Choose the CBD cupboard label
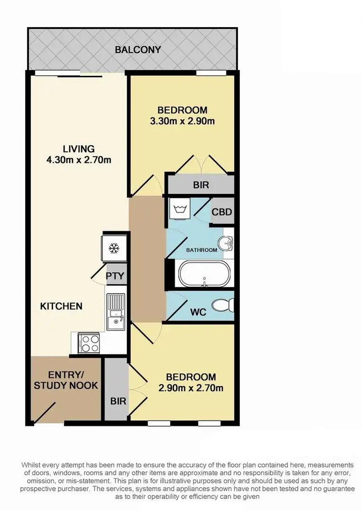pos(222,212)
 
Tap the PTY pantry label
pos(115,276)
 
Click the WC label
pos(198,312)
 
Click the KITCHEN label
pos(61,306)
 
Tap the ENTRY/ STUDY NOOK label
pos(66,381)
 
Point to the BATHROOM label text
pos(202,250)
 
